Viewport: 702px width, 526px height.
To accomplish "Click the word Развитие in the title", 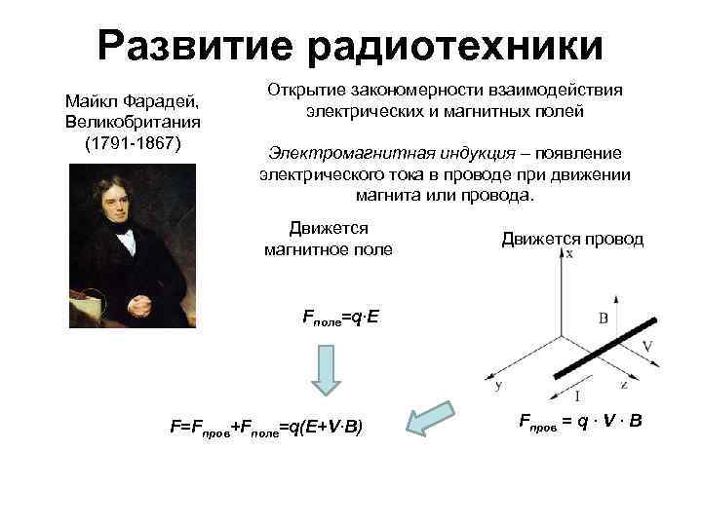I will coord(201,45).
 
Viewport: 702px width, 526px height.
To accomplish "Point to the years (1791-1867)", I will coord(132,142).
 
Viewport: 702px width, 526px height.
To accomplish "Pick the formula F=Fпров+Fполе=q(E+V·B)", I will coord(266,427).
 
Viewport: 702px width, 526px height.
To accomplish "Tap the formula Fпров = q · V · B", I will coord(579,423).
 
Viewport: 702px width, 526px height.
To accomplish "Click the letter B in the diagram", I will coord(604,317).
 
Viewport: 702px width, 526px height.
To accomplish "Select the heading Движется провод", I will coord(572,239).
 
